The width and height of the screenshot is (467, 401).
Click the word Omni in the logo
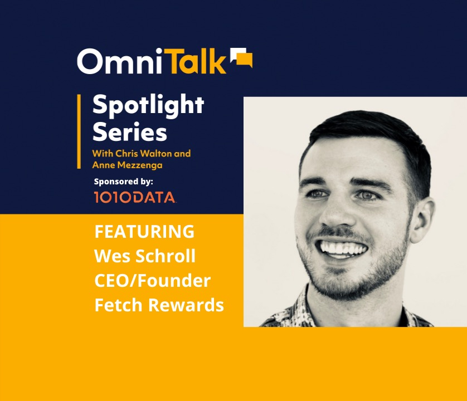tap(118, 62)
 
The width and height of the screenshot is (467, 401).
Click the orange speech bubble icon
tap(242, 58)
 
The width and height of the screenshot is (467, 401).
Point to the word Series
tap(129, 133)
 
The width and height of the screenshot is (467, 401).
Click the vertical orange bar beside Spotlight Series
tap(79, 131)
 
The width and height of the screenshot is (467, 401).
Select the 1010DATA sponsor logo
tap(135, 197)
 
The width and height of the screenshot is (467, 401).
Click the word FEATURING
tap(144, 232)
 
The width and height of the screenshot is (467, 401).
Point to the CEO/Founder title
tap(153, 281)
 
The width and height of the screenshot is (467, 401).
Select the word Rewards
tap(184, 305)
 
